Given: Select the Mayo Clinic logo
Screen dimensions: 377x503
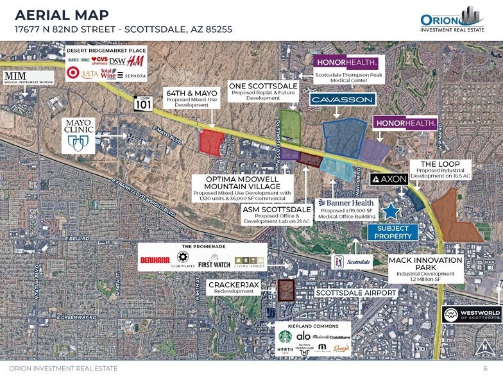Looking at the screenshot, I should [78, 135].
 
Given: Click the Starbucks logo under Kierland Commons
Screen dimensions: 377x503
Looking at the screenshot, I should [284, 337].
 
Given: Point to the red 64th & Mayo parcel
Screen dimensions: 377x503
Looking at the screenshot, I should [211, 142].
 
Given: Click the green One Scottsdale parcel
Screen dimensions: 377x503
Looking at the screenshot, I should [291, 127].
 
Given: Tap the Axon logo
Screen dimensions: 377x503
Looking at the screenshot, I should [389, 180].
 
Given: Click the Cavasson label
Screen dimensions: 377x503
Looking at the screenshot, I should [343, 100].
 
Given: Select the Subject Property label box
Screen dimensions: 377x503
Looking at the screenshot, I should [393, 232].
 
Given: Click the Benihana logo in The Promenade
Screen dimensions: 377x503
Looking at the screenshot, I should [155, 260].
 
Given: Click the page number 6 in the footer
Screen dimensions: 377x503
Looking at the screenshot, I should [485, 368].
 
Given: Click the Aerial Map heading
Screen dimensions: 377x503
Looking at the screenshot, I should [62, 15].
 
